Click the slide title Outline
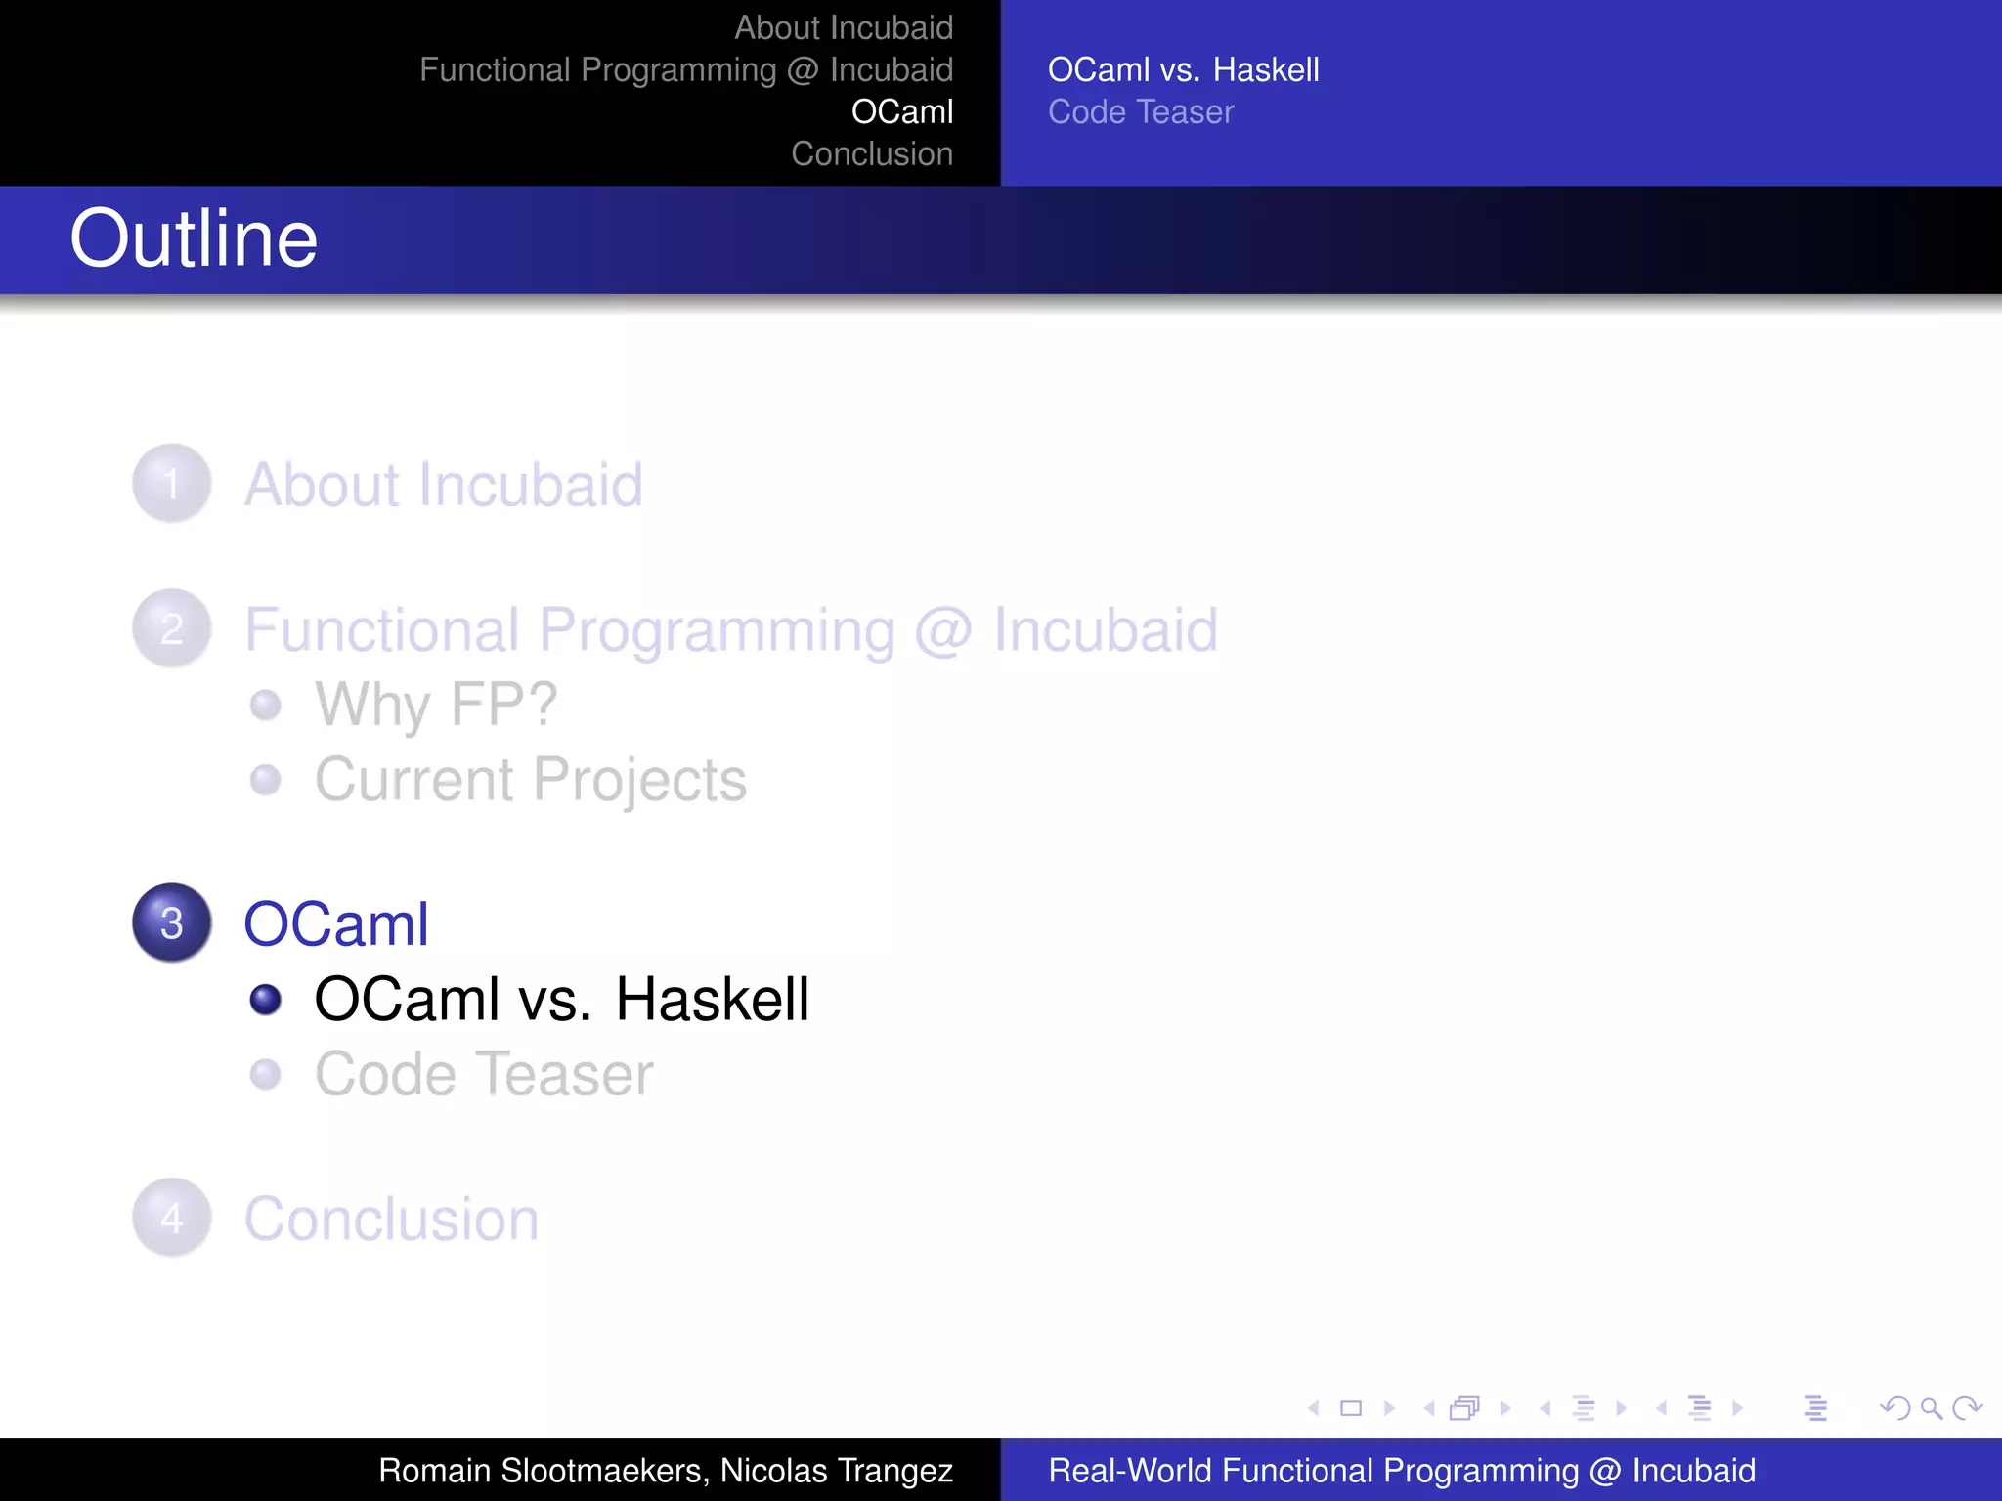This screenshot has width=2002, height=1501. pos(194,239)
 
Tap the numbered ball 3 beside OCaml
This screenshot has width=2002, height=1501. pos(172,922)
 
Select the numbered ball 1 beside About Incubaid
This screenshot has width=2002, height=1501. pos(172,483)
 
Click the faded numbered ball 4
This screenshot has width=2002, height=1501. pos(172,1217)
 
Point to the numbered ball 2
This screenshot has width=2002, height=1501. pos(172,628)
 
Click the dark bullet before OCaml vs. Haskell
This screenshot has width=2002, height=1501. pos(265,999)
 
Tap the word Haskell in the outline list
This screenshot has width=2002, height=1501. pos(712,999)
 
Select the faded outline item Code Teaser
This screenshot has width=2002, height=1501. pos(484,1074)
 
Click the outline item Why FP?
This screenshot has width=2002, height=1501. pos(436,704)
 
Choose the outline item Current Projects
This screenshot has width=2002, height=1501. pos(531,780)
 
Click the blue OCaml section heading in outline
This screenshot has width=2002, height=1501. pos(336,923)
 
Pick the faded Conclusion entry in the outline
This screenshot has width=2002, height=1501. pos(391,1219)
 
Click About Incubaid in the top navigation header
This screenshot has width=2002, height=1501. pos(844,27)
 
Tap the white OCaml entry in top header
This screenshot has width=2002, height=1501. pos(901,111)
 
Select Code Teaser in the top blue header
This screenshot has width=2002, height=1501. pos(1141,111)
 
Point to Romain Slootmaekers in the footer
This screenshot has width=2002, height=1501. pos(541,1470)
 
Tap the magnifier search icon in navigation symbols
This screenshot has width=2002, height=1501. pos(1931,1408)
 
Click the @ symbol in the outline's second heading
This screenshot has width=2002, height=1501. pos(943,630)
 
